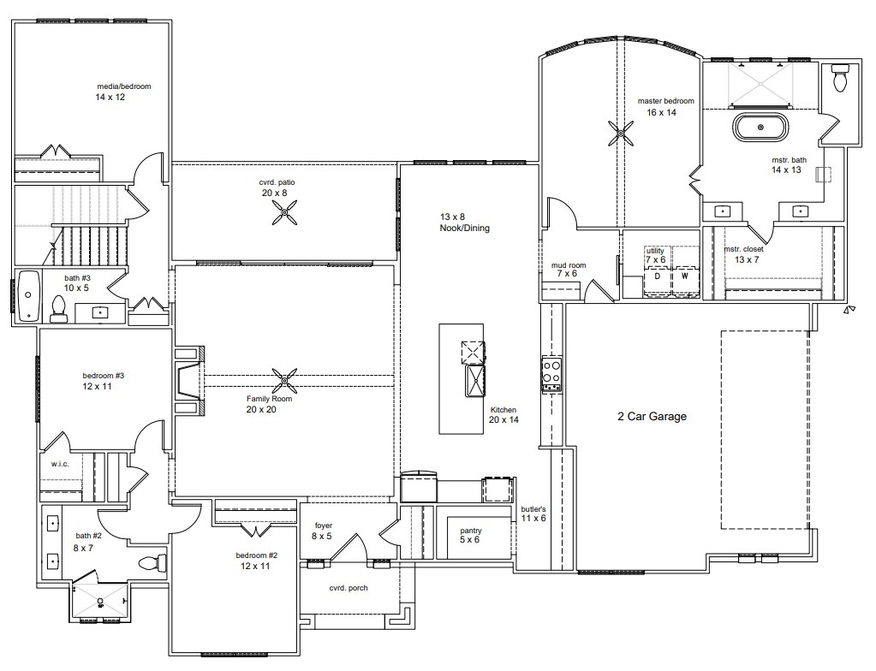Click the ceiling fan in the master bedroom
click(620, 134)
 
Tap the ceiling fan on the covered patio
click(284, 213)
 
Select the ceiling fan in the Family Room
click(284, 381)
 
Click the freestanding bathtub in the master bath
click(760, 128)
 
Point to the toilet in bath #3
click(58, 309)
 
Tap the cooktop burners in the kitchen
click(551, 373)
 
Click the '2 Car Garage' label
click(652, 417)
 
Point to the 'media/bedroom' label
click(124, 86)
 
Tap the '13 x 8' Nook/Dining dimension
click(452, 217)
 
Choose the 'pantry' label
click(471, 531)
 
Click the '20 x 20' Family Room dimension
click(261, 409)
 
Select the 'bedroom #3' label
click(104, 376)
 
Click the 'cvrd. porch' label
click(349, 588)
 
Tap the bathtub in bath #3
click(28, 296)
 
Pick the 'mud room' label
click(569, 265)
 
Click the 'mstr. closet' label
click(743, 249)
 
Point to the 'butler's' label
click(533, 509)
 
